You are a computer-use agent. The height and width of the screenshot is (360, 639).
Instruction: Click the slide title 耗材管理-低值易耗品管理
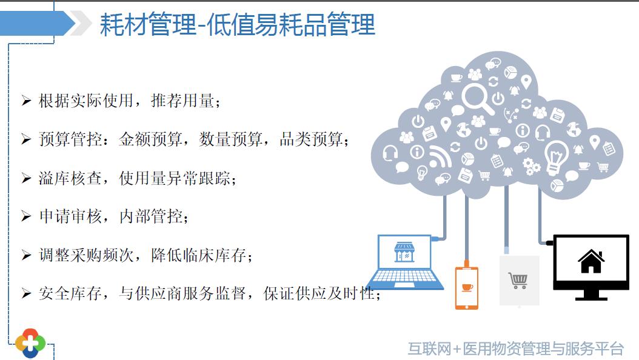(x=237, y=24)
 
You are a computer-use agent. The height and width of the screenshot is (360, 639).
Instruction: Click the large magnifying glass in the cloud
(x=476, y=99)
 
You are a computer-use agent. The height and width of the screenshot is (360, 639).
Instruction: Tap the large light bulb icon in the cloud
(x=556, y=158)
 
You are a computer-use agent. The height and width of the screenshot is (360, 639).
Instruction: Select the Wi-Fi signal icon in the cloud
(x=440, y=156)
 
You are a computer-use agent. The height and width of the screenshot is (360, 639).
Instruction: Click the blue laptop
(x=404, y=262)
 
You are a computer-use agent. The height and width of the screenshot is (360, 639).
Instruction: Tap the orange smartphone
(x=467, y=287)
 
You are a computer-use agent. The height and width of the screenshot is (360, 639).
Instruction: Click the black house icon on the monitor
(x=591, y=261)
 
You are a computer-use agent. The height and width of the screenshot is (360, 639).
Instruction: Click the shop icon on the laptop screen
(x=404, y=252)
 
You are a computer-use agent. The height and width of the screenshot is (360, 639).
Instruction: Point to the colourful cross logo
(x=30, y=343)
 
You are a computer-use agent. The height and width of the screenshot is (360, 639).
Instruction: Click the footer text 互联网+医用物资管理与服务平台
(x=515, y=349)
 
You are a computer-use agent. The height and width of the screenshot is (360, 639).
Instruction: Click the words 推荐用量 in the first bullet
(x=182, y=100)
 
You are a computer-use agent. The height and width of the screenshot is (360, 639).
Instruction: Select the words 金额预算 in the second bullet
(x=150, y=139)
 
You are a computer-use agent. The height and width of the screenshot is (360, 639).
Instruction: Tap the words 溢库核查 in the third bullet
(x=70, y=178)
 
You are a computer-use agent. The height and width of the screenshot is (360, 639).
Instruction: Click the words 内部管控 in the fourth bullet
(x=150, y=216)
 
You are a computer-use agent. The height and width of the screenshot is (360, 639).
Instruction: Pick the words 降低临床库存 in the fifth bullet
(x=198, y=255)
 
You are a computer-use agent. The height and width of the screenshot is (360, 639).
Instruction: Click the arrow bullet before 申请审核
(x=26, y=216)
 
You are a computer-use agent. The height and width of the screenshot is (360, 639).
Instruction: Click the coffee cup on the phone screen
(x=467, y=287)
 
